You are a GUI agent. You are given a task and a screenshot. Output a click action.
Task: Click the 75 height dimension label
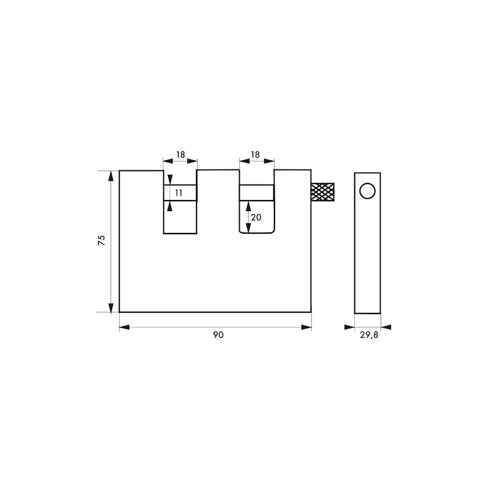(x=102, y=240)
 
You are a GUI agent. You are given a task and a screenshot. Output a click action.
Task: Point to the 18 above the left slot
(x=180, y=155)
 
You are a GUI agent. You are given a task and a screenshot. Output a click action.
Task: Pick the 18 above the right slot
(x=255, y=155)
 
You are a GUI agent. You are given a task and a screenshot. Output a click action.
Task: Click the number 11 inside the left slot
(x=179, y=193)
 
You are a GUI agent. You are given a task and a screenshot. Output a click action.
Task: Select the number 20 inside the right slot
(x=256, y=218)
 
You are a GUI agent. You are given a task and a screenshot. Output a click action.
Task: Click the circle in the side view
(x=367, y=191)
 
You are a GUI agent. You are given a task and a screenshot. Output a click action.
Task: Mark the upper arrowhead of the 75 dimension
(x=110, y=176)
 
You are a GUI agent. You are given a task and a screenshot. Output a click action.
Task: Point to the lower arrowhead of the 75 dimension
(x=110, y=307)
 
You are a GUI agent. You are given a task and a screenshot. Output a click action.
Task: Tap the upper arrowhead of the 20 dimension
(x=248, y=206)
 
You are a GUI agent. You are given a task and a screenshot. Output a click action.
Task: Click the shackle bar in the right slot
(x=256, y=192)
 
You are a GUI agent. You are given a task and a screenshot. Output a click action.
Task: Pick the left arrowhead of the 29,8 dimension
(x=350, y=328)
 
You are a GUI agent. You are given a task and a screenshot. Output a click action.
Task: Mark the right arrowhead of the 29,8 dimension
(x=386, y=328)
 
